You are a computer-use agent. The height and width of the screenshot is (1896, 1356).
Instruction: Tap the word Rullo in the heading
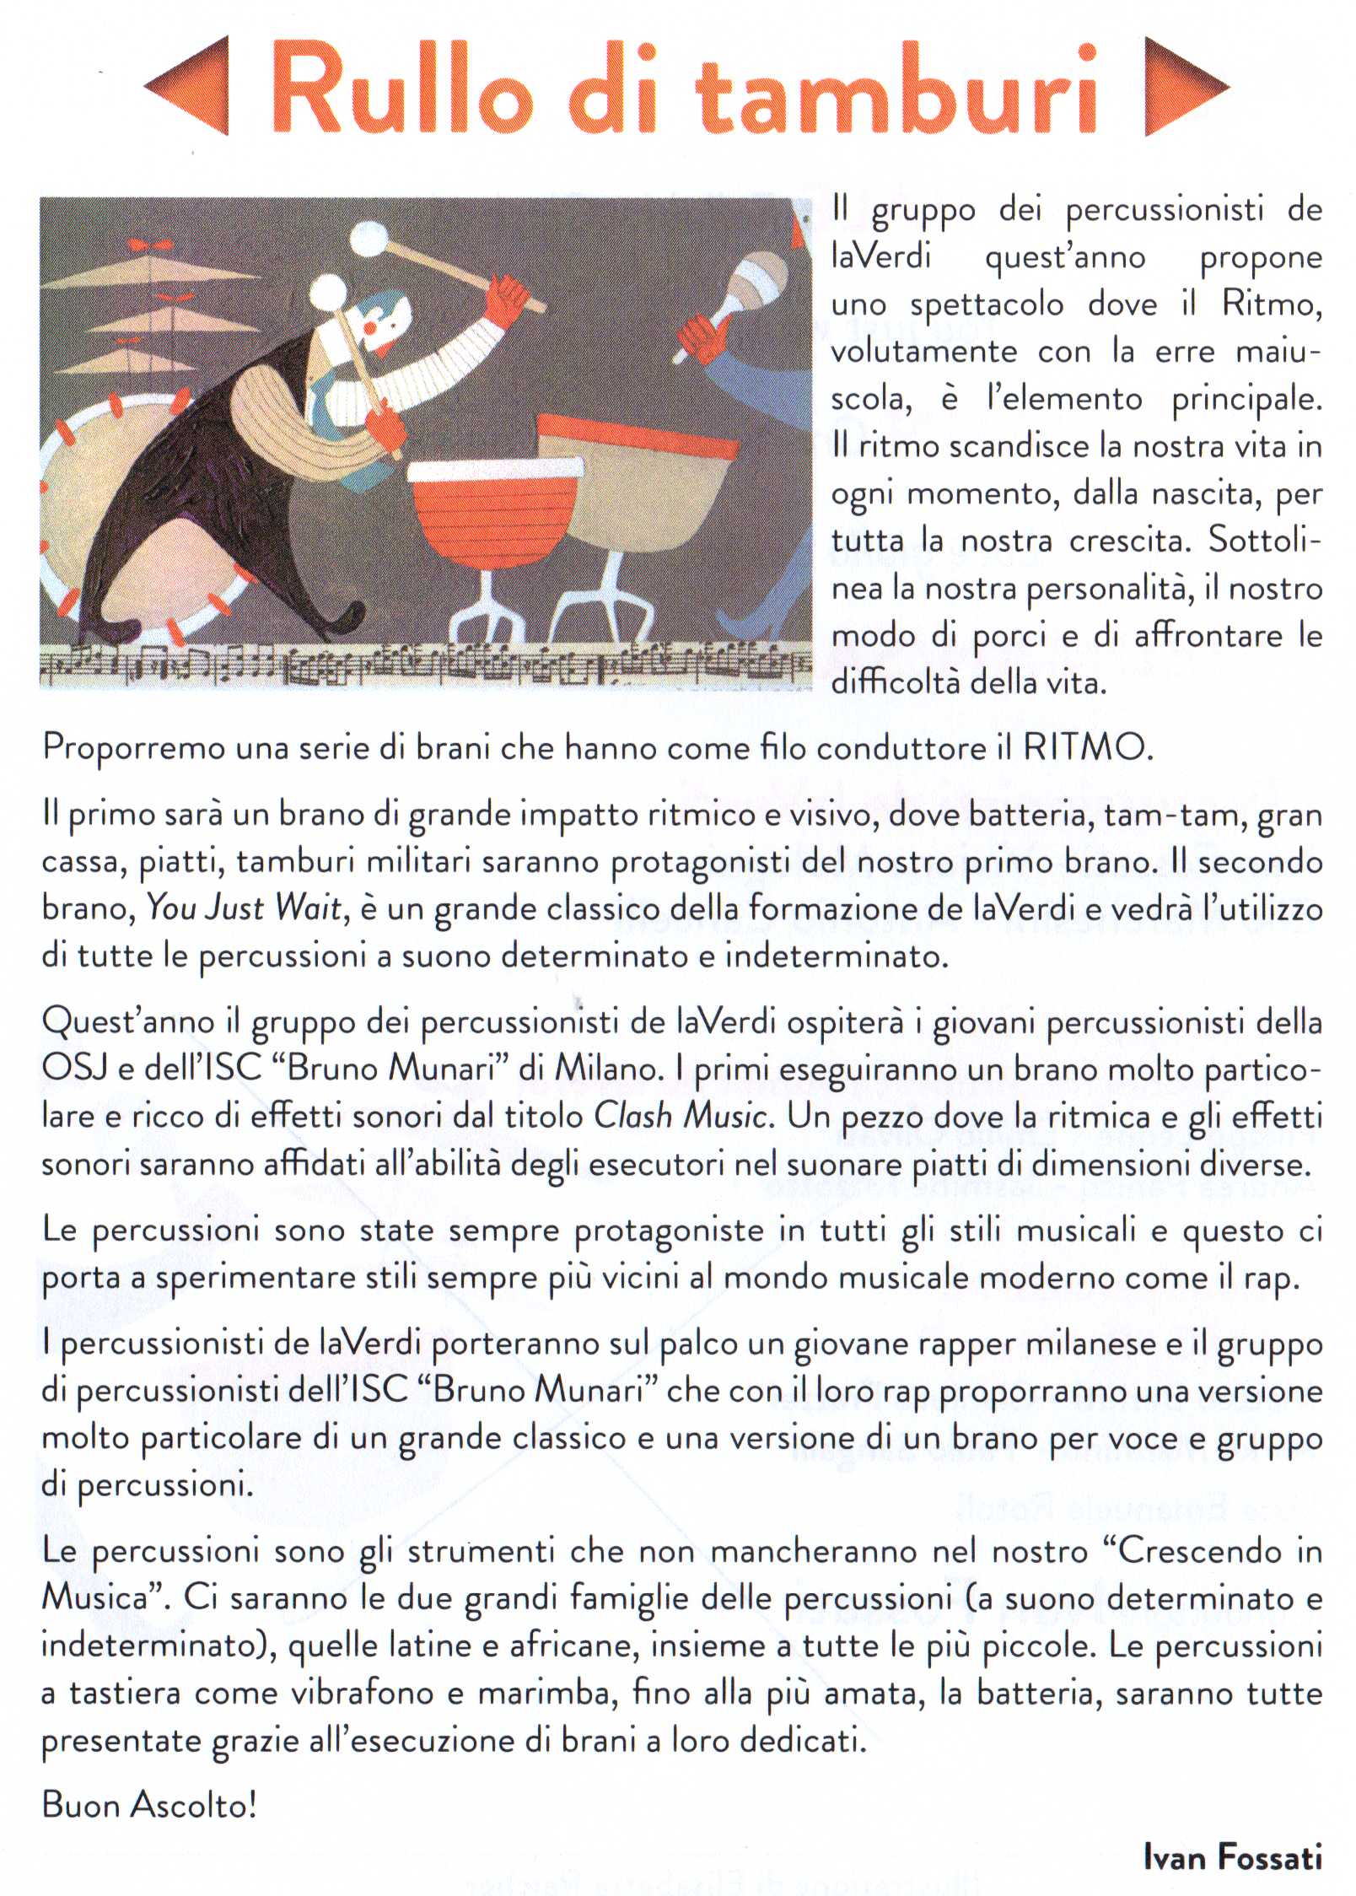click(397, 89)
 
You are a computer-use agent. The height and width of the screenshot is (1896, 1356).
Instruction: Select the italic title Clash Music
click(681, 1116)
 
